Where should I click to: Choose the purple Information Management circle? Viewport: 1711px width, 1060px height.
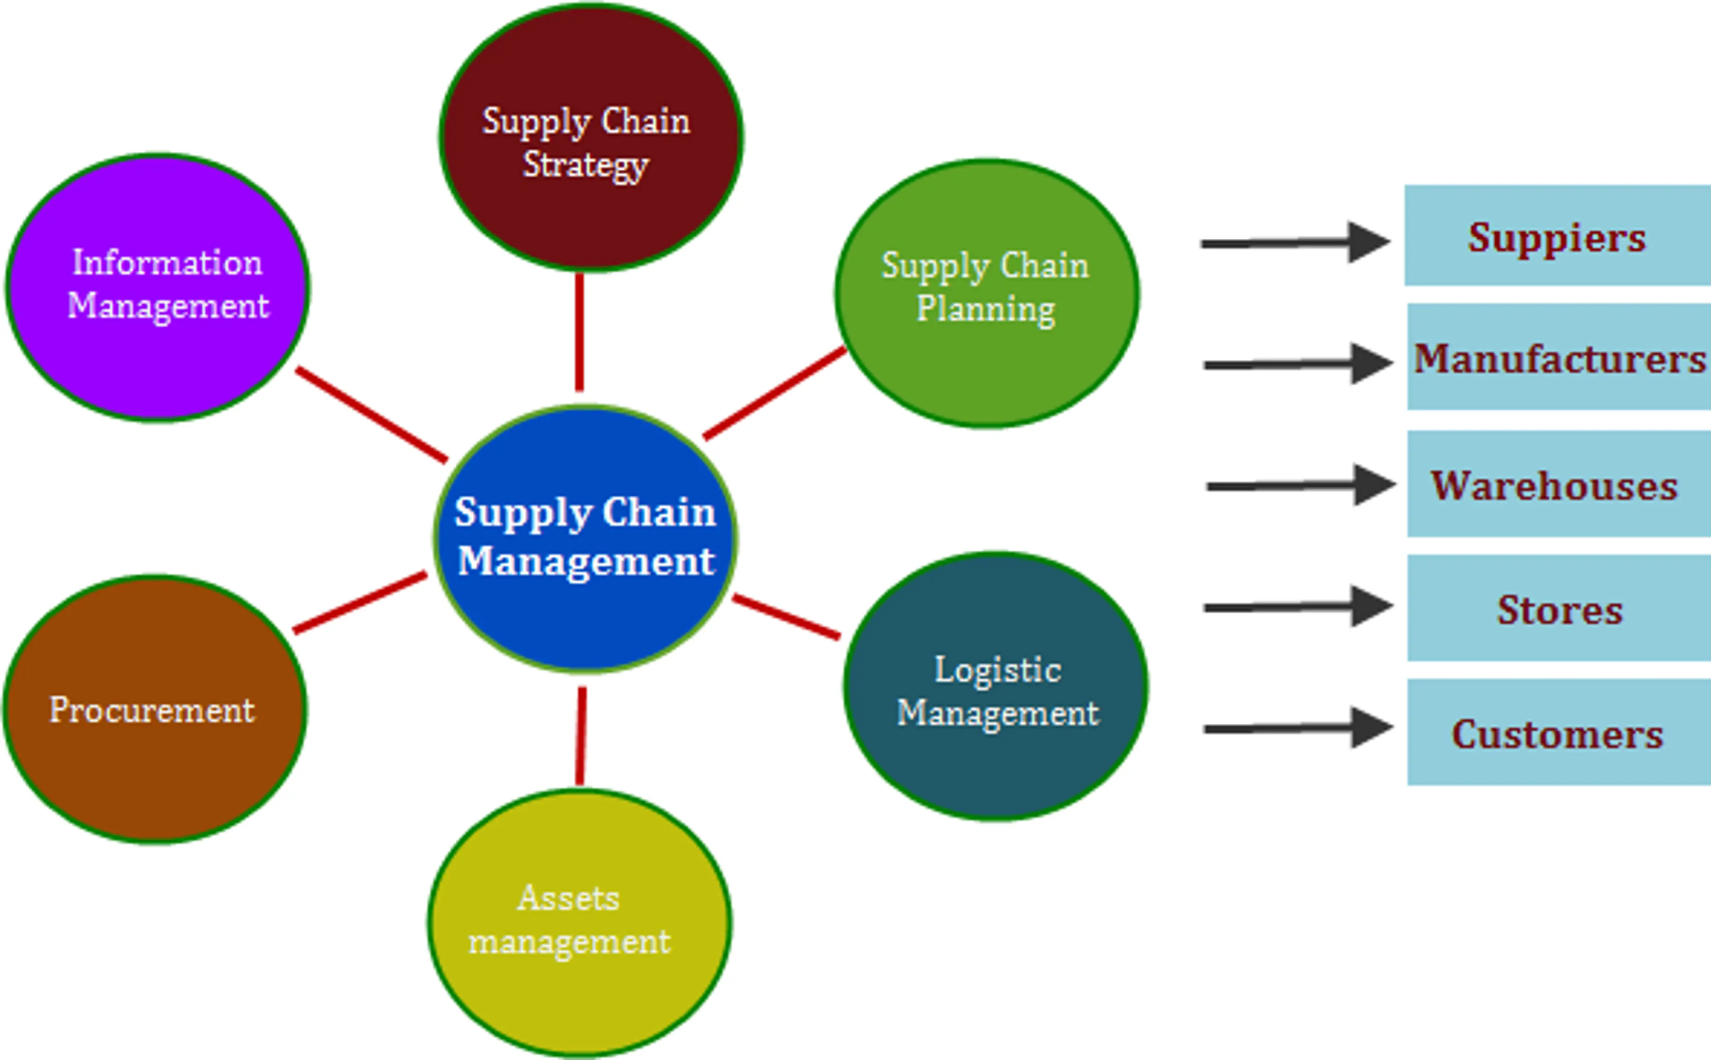158,287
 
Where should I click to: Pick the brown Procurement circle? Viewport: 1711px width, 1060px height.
154,709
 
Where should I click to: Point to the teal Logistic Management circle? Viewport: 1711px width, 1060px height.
996,685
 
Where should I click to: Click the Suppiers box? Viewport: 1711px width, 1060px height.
1557,236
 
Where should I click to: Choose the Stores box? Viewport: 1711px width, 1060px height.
1558,608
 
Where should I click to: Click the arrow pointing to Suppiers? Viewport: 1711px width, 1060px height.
1294,243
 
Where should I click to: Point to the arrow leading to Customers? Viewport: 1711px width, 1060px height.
1297,728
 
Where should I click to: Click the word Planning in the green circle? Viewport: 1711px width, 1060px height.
985,309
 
